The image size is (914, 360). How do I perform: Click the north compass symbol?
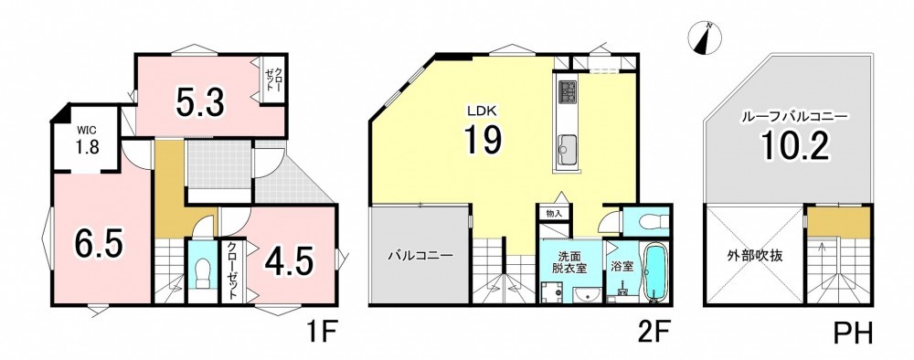pos(704,39)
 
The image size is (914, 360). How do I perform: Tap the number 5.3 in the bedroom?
pos(200,103)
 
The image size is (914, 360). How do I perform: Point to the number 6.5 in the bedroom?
pos(99,243)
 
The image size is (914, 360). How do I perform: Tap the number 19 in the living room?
pos(483,141)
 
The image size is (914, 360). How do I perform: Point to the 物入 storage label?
pos(554,214)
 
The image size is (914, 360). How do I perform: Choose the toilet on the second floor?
pos(647,222)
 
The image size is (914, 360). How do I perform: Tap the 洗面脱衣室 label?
pos(569,263)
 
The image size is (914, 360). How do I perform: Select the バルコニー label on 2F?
pos(420,256)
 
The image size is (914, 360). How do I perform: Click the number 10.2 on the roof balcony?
pos(795,147)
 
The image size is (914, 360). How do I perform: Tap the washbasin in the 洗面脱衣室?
pos(587,295)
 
